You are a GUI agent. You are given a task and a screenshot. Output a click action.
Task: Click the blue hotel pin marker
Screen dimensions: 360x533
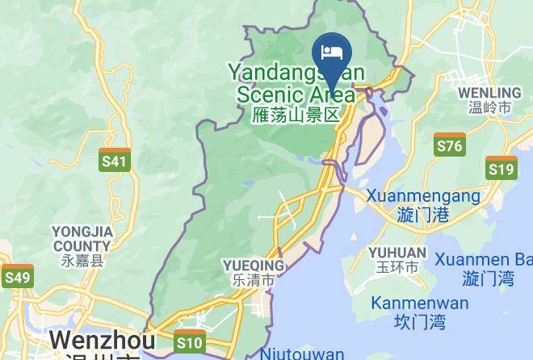[x=332, y=55]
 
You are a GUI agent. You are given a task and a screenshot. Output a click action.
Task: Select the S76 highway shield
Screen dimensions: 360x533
[x=449, y=144]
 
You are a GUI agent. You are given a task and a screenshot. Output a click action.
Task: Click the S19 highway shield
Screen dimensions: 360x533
[x=501, y=168]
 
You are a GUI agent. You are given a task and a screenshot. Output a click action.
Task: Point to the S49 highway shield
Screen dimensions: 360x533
[x=17, y=277]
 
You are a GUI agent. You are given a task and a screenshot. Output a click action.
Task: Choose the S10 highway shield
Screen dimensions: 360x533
[x=189, y=342]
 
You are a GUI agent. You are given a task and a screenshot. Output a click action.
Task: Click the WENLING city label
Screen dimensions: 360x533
[x=489, y=92]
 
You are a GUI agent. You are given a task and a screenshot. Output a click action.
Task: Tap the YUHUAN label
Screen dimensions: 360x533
[x=397, y=253]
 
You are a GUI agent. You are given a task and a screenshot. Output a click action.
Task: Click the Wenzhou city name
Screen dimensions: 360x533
[x=92, y=340]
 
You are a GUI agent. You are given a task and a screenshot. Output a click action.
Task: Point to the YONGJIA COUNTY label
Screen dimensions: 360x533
[x=82, y=239]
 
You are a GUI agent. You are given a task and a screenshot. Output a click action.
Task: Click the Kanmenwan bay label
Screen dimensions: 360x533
[x=419, y=303]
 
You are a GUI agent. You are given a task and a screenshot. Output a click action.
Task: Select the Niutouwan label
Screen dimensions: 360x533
[x=303, y=354]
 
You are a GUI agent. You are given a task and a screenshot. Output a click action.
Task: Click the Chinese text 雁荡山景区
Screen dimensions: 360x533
[x=296, y=115]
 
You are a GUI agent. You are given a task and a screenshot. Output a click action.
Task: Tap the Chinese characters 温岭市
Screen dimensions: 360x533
[x=490, y=107]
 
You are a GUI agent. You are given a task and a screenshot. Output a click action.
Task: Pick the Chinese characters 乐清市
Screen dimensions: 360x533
[x=254, y=281]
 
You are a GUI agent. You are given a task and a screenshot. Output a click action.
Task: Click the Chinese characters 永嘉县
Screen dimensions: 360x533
[x=82, y=261]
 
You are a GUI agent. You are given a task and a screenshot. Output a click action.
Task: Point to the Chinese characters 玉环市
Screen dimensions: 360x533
[x=397, y=267]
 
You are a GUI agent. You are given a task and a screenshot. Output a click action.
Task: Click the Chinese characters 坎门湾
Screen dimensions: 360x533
[x=419, y=322]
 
